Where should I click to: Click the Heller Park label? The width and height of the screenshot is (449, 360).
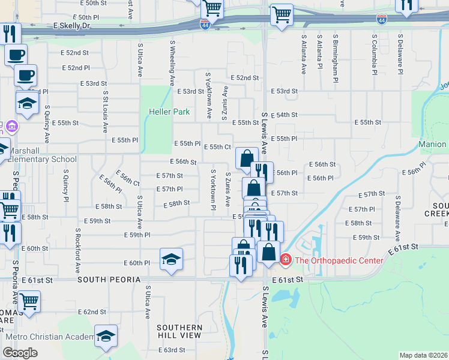[164, 112]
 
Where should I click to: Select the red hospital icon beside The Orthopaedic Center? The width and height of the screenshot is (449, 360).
[286, 260]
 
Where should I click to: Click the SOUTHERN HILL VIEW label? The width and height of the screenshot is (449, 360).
[179, 331]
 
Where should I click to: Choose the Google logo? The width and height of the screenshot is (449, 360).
[20, 353]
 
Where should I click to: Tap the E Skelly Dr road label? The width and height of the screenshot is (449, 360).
[71, 26]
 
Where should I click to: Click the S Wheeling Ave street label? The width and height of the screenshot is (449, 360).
[172, 63]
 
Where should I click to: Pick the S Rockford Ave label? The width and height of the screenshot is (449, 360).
[77, 247]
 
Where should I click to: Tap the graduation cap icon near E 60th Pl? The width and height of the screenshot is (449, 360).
[171, 259]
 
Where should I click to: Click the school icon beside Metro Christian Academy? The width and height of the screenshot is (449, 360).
[106, 337]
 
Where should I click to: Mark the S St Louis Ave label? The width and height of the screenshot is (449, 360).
[105, 112]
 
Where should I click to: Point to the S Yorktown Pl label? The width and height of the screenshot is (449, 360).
[213, 190]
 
